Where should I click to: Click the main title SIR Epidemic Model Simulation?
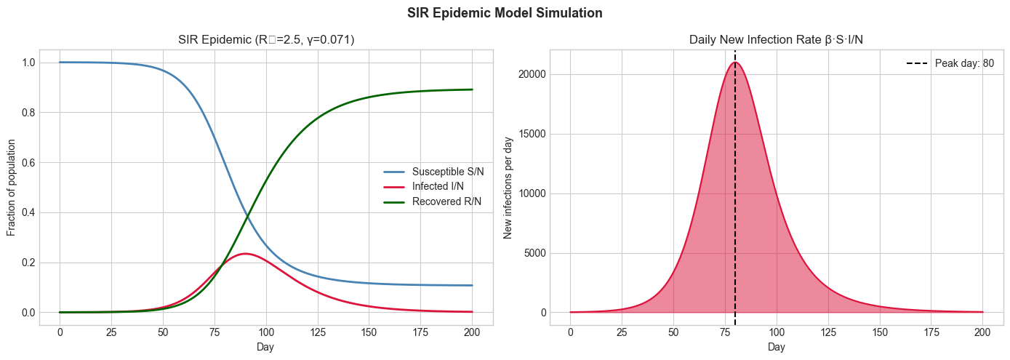coord(505,13)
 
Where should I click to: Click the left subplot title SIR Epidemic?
coord(266,40)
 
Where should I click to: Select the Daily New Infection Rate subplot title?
coord(776,40)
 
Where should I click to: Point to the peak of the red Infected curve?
coord(245,254)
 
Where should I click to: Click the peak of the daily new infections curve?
coord(735,63)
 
